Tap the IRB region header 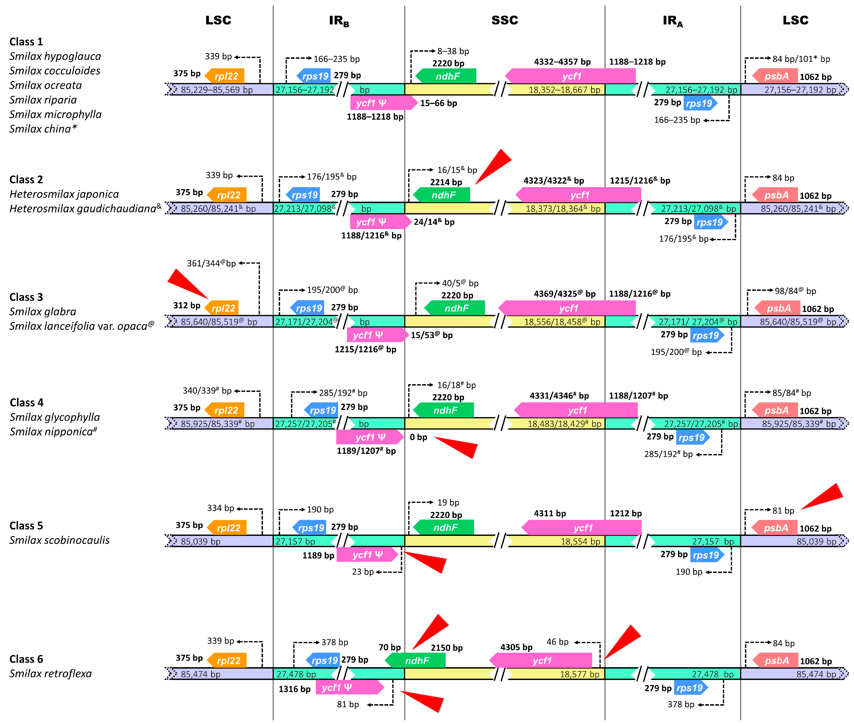(339, 21)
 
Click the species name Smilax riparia (43, 100)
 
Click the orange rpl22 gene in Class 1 (225, 76)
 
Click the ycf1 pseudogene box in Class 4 (370, 437)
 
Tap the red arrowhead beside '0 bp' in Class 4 (457, 446)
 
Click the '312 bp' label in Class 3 (187, 305)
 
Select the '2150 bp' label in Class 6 (447, 648)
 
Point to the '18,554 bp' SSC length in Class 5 (580, 542)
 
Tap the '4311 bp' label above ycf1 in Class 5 (549, 514)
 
